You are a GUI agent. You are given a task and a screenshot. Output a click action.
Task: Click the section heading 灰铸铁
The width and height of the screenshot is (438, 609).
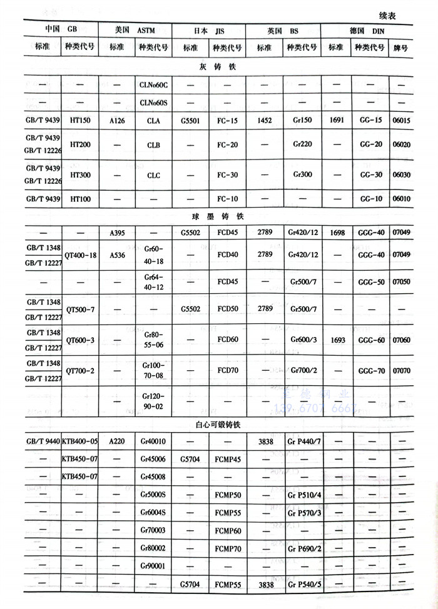pos(218,67)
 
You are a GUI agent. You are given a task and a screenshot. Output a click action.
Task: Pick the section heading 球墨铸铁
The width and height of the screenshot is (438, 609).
pos(218,216)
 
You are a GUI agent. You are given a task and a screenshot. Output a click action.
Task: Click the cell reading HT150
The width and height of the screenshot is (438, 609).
pos(80,121)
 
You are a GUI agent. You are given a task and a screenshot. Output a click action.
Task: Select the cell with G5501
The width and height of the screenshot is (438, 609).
pos(191,121)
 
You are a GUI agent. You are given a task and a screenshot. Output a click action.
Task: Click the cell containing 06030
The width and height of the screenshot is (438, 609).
pos(401,175)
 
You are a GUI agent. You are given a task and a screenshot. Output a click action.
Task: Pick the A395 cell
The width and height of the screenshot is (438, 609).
pos(117,233)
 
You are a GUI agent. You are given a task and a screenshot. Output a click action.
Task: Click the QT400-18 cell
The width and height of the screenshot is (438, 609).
pos(80,255)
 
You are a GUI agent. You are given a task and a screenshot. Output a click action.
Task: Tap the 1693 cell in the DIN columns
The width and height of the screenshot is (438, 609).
pos(336,340)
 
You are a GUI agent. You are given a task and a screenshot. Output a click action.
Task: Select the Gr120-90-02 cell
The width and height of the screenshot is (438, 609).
pos(153,401)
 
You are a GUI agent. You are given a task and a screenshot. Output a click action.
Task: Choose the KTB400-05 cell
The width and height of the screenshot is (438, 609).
pos(80,441)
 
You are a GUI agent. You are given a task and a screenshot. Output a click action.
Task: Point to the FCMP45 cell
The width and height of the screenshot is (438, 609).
pos(226,459)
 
